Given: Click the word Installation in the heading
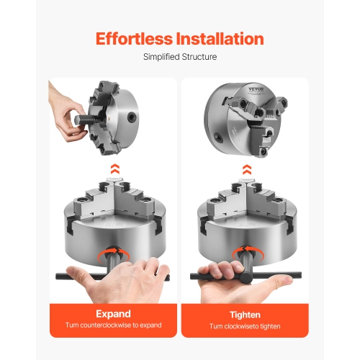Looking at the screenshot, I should point(220,38).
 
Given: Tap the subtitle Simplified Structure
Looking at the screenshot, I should point(179,57).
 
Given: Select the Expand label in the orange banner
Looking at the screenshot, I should point(113,314).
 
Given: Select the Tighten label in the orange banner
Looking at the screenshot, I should point(246,314).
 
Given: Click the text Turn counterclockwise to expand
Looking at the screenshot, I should point(113,325).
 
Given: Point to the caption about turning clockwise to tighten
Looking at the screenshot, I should point(246,325).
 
